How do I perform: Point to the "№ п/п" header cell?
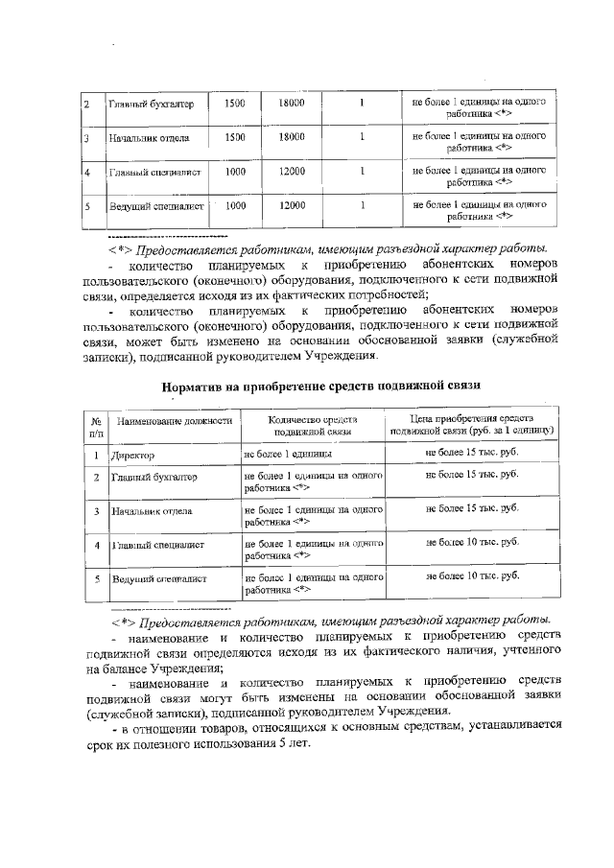(96, 427)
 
